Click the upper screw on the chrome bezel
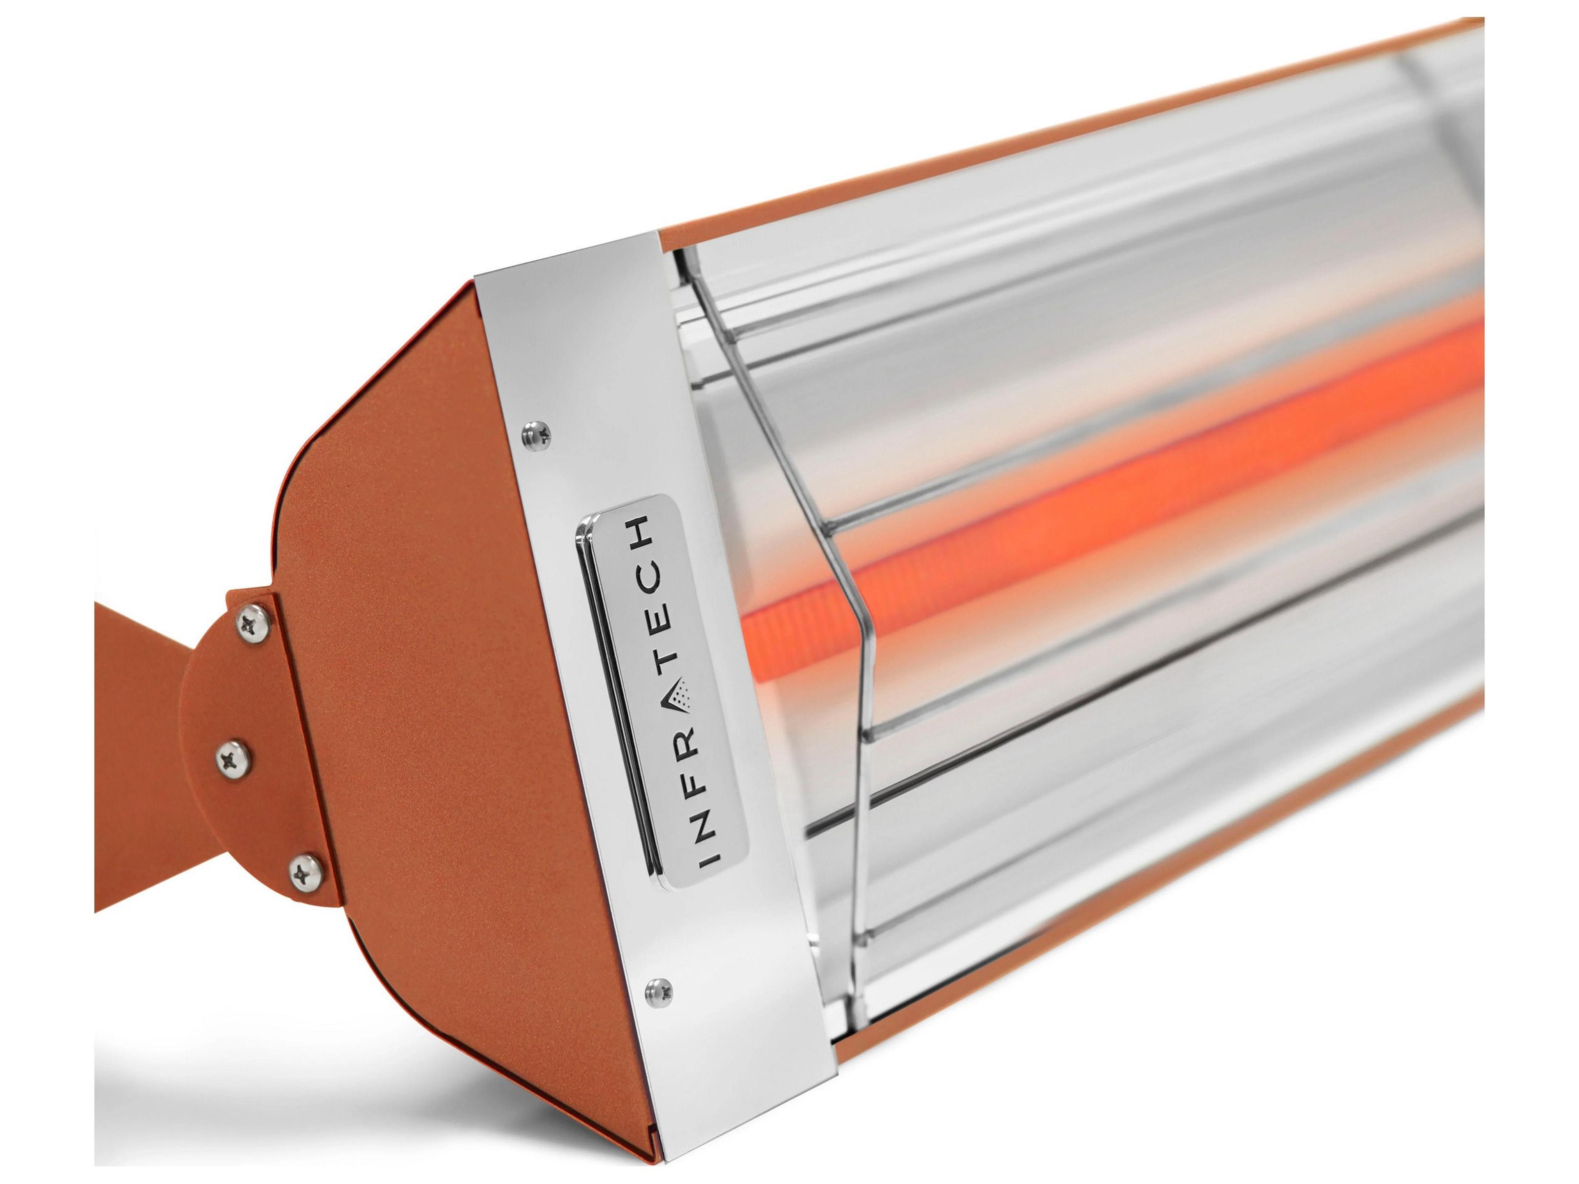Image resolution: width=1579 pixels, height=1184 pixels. pyautogui.click(x=535, y=430)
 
